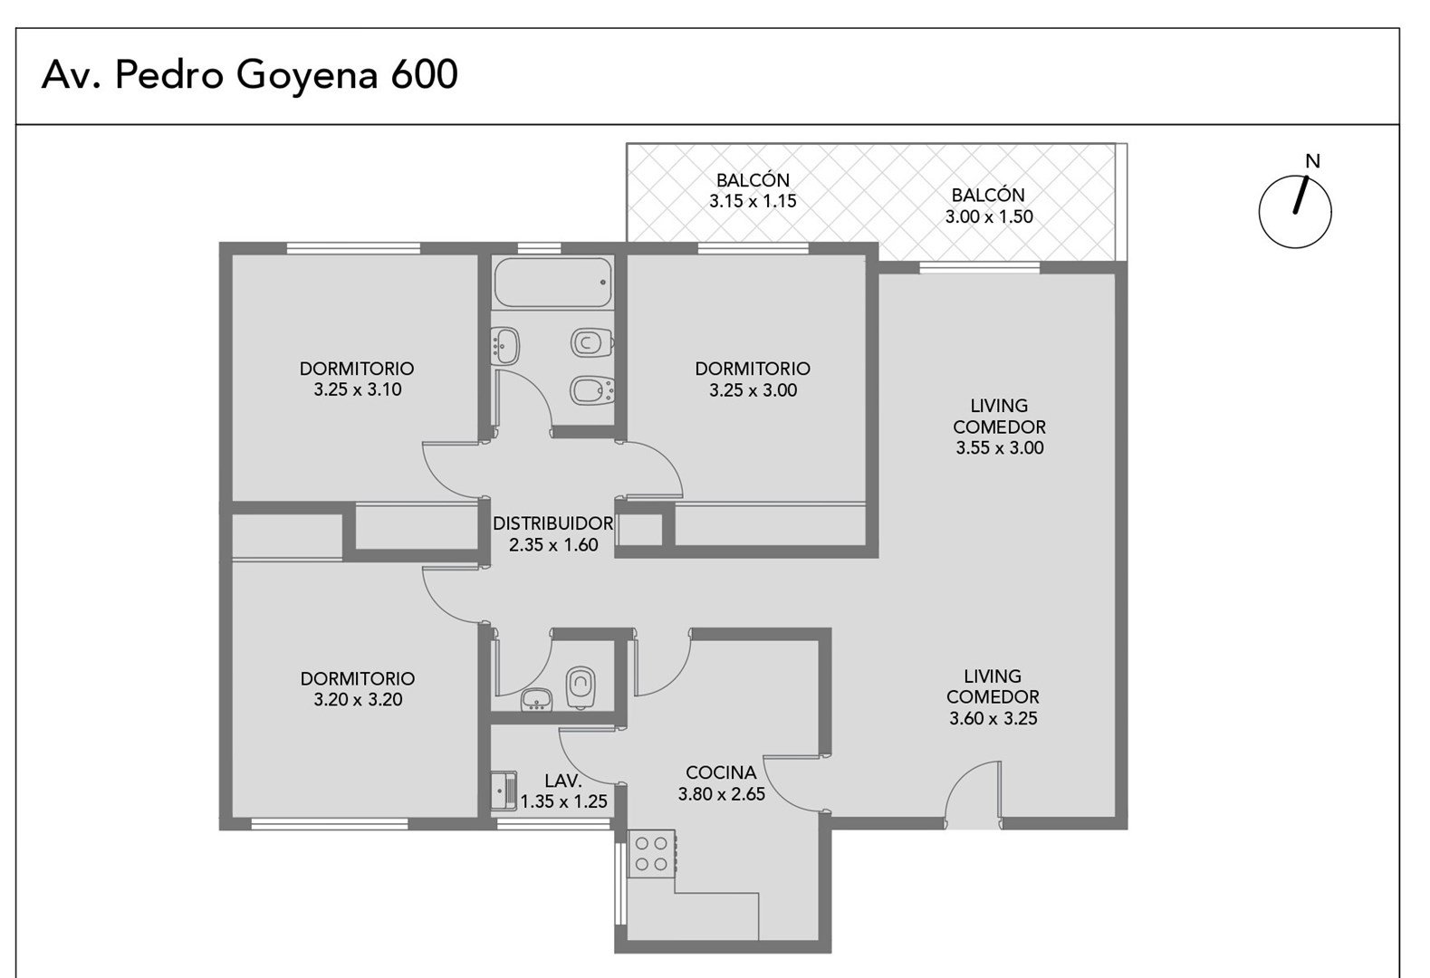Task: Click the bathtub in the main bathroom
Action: pos(552,283)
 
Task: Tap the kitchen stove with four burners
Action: pos(651,854)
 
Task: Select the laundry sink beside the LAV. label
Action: pos(504,791)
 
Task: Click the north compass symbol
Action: pos(1295,211)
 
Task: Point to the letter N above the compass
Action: pos(1312,161)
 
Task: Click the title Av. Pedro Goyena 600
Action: pos(250,74)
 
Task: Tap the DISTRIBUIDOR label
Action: pos(552,523)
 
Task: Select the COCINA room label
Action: pos(721,772)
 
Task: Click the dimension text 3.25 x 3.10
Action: pos(358,389)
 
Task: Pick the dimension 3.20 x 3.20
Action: pos(358,699)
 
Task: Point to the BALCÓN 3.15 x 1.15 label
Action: pos(753,190)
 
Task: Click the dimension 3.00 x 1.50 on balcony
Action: pos(989,216)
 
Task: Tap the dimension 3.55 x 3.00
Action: pos(999,447)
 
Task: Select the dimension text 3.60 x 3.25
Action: pos(993,718)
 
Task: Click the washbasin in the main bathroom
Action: pos(505,346)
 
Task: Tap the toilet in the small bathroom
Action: pos(581,687)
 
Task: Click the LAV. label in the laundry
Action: pos(563,781)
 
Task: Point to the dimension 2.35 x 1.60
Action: pos(552,545)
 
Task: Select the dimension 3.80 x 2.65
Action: pos(722,794)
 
